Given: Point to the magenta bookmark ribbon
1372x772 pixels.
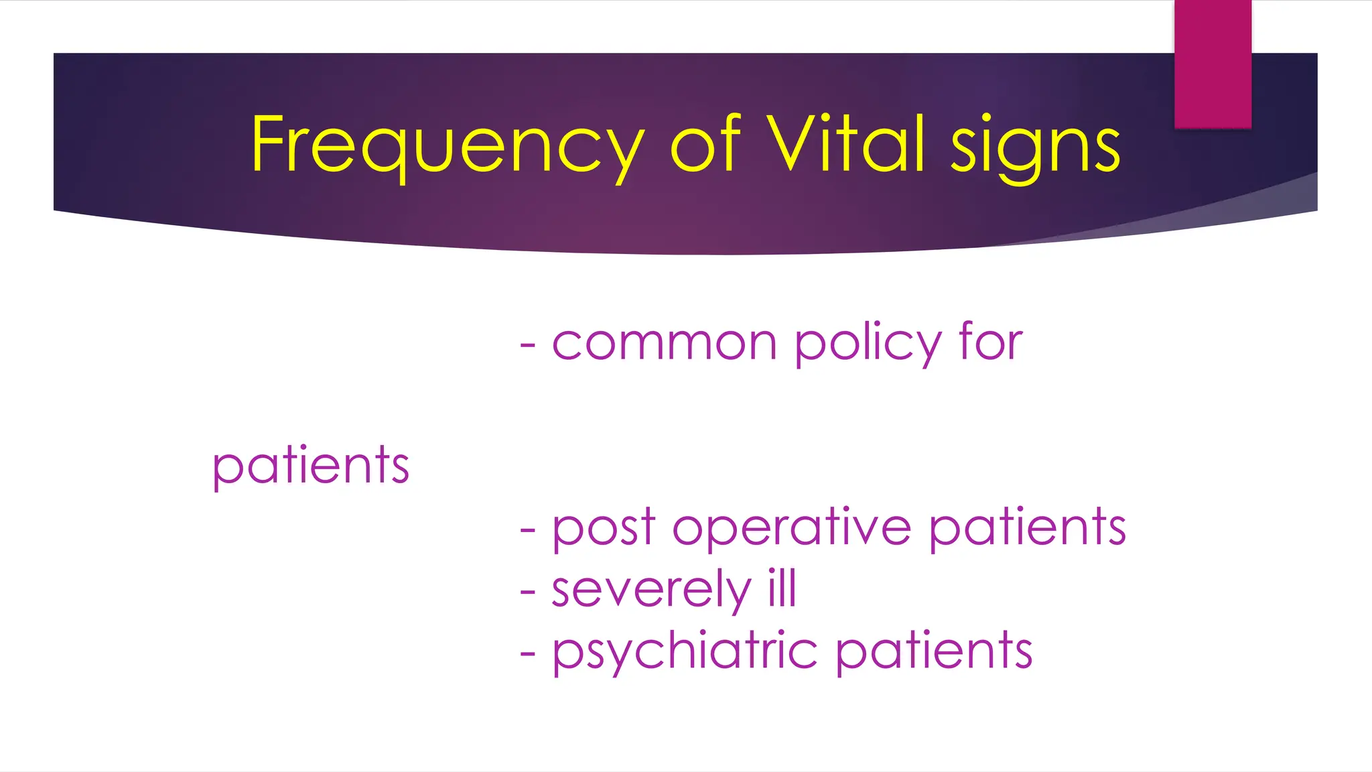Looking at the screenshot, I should (x=1213, y=64).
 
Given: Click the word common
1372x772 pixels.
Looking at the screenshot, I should (x=664, y=343).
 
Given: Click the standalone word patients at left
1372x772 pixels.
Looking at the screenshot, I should (x=311, y=465).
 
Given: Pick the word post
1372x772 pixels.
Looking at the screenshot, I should (x=603, y=528).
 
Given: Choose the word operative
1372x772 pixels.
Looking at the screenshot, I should (x=791, y=528).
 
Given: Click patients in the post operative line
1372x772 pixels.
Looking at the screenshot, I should (x=1028, y=527).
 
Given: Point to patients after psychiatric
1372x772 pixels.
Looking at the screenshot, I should (x=935, y=651).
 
